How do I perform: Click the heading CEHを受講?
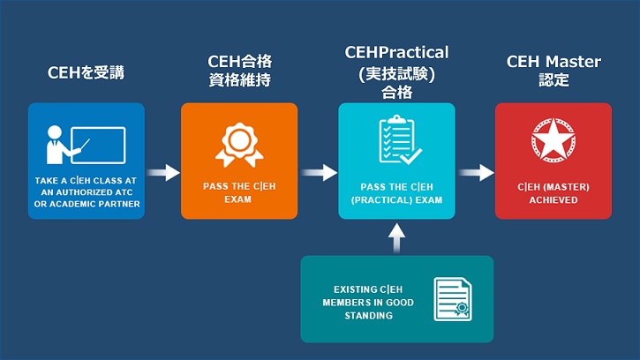coord(86,72)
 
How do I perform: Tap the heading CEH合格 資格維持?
coord(238,71)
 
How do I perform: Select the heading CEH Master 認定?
coord(553,71)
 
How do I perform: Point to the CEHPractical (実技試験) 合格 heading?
coord(396,71)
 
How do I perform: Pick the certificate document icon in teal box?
coord(451,300)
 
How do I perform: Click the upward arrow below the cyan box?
coord(396,236)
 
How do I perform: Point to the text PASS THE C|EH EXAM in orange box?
coord(238,193)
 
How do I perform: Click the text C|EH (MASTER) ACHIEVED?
coord(553,193)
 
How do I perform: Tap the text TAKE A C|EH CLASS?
coord(86,180)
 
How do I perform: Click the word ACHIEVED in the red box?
coord(553,200)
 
